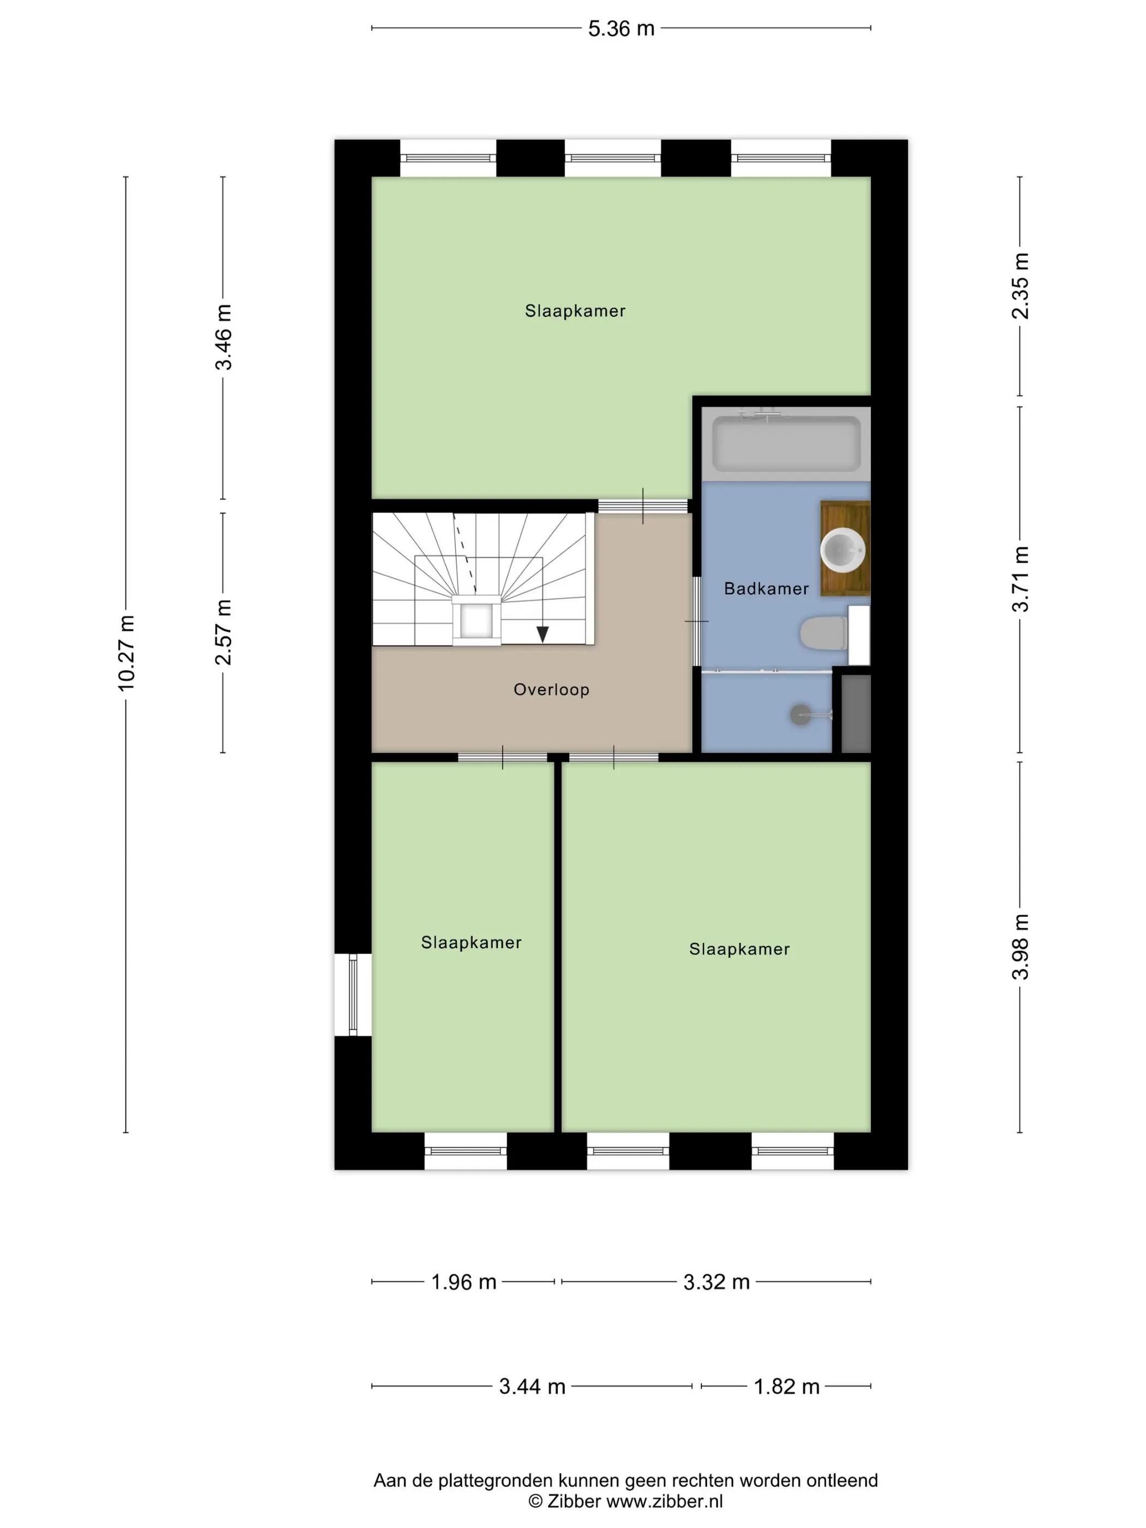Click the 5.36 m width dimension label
coord(620,28)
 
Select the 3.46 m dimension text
coord(223,337)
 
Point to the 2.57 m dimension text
coord(223,632)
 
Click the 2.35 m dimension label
coord(1020,286)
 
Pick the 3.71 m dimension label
coord(1020,579)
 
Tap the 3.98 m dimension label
coord(1020,946)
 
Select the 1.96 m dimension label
coord(463,1282)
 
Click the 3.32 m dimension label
coord(717,1282)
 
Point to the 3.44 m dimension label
coord(532,1387)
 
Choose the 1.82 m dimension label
coord(786,1387)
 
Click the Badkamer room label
coord(766,588)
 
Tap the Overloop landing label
coord(551,689)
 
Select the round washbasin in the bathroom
coord(843,550)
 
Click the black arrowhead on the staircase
coord(543,634)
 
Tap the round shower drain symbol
coord(800,714)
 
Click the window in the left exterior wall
coord(353,995)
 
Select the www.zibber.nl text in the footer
coord(665,1500)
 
